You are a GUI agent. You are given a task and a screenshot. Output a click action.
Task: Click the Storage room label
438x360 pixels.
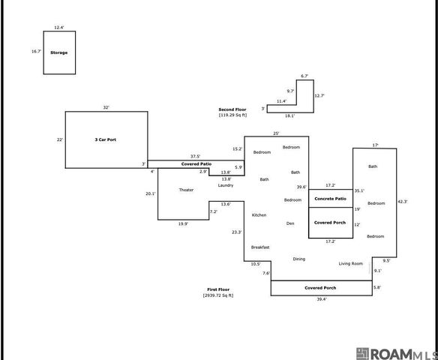(x=59, y=52)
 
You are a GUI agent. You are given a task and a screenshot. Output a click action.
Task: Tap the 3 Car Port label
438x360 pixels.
(x=106, y=139)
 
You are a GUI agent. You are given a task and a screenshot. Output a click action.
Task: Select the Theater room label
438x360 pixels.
(x=186, y=190)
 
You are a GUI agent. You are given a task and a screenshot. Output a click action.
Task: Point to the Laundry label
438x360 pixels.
(x=226, y=185)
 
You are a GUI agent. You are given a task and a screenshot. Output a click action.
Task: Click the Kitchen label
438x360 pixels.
(x=259, y=215)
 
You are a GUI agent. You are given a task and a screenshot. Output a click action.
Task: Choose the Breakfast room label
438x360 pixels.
(x=260, y=247)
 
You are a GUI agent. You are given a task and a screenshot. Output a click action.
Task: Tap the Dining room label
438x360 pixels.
(x=299, y=259)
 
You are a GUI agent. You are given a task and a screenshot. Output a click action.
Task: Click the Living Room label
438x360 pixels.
(x=351, y=264)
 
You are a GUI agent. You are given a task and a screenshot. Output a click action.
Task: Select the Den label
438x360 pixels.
(x=290, y=223)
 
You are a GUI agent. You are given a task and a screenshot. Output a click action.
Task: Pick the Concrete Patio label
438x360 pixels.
(x=331, y=199)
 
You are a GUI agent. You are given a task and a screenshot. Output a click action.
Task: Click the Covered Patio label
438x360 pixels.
(x=196, y=164)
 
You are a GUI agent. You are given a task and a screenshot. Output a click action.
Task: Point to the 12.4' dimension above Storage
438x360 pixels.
(x=59, y=27)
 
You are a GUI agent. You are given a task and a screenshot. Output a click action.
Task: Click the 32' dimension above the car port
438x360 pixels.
(x=106, y=107)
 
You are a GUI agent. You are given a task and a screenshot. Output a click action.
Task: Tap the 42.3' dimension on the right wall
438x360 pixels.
(x=403, y=202)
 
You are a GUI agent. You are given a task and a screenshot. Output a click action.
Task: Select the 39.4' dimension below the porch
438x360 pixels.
(x=322, y=299)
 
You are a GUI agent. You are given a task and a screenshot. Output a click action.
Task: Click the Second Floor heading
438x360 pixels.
(x=232, y=109)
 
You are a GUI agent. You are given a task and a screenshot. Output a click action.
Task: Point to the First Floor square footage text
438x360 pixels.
(x=218, y=295)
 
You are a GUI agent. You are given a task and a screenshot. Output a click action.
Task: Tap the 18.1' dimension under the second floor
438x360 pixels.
(x=290, y=116)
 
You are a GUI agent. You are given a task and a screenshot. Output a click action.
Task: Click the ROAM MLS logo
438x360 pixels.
(x=397, y=354)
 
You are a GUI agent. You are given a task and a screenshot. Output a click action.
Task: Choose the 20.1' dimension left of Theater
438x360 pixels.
(x=151, y=193)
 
